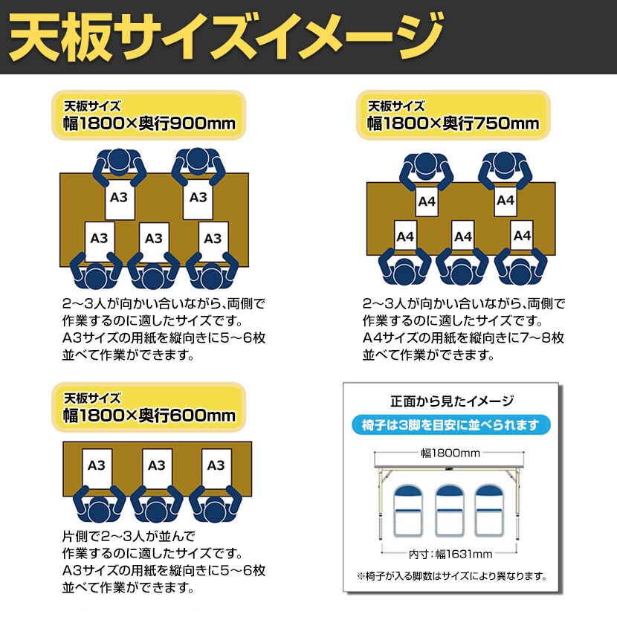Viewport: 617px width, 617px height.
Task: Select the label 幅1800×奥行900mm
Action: (149, 123)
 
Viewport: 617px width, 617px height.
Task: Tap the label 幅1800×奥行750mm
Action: (453, 123)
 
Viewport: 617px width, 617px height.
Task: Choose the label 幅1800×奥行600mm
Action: (149, 416)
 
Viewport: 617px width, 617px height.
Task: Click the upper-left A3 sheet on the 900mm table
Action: (119, 198)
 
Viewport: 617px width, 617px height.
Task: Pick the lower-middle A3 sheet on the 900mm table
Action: (153, 239)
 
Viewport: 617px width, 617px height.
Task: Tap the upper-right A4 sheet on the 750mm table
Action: (505, 201)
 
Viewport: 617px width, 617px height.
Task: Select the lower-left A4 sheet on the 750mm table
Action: (405, 237)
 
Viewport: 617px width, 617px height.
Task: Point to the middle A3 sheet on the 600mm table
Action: (156, 466)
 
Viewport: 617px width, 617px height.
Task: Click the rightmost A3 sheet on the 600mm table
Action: (215, 466)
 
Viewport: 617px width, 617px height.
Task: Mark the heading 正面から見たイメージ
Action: (451, 402)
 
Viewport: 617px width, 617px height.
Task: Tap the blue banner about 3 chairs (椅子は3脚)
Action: (451, 425)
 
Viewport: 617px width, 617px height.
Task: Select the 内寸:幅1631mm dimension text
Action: (450, 553)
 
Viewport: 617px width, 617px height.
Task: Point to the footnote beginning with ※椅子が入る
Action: (451, 576)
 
